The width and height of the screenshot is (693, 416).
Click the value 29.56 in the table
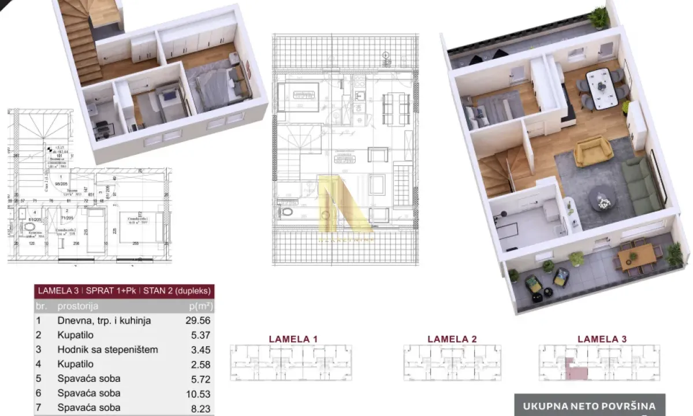(196, 321)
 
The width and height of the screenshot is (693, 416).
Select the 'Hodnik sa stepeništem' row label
(107, 350)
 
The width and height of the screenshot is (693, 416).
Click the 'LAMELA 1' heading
(293, 339)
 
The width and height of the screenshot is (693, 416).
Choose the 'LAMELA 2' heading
(452, 339)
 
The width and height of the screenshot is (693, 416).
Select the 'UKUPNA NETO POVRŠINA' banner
(589, 406)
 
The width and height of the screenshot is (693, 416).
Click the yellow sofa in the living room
(593, 151)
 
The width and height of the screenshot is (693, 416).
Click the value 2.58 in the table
(198, 365)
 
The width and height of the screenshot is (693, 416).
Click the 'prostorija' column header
(78, 306)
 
